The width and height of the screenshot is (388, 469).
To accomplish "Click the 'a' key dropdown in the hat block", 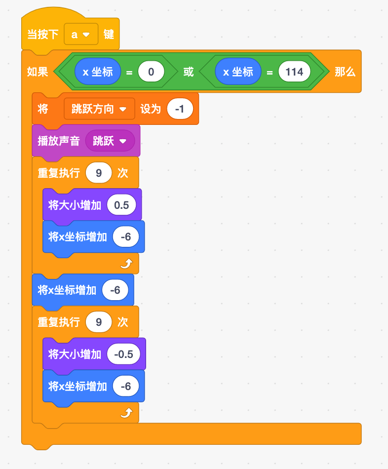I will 81,34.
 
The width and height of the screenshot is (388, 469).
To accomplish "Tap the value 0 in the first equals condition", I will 151,72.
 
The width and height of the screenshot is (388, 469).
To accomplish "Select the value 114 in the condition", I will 294,72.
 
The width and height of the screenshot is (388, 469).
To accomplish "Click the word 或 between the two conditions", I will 189,72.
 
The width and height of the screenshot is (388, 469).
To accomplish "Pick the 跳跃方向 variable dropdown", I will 99,109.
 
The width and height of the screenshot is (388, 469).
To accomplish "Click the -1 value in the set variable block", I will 180,109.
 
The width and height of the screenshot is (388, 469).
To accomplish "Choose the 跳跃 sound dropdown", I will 110,141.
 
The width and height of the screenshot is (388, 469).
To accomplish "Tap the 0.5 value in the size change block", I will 121,205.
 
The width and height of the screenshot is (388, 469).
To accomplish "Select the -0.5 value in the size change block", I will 123,354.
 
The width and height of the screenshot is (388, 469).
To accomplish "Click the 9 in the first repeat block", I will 99,173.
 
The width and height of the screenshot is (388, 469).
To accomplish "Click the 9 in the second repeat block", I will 99,322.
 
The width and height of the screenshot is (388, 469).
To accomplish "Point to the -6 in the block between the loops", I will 115,290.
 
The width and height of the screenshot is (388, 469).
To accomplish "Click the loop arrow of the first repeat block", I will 126,264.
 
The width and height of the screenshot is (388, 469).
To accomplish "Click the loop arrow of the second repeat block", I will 126,413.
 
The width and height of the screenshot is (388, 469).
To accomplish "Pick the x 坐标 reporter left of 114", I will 238,72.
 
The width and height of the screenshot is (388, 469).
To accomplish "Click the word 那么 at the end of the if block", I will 345,72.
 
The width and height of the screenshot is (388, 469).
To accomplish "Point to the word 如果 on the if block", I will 38,72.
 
